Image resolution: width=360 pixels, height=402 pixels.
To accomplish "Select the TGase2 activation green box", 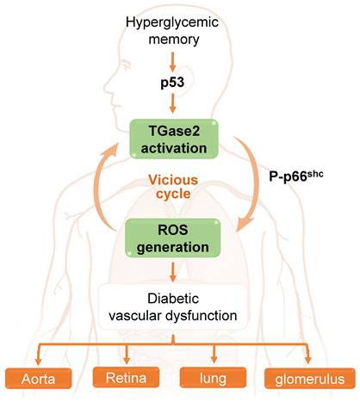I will click(x=179, y=138).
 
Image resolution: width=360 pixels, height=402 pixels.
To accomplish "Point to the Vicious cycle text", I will click(x=179, y=189).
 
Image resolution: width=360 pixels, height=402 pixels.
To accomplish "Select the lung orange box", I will click(x=213, y=378).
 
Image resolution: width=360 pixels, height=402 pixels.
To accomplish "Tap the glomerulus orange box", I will click(x=307, y=378).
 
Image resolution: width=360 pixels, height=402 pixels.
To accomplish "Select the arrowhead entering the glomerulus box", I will click(x=307, y=356).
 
